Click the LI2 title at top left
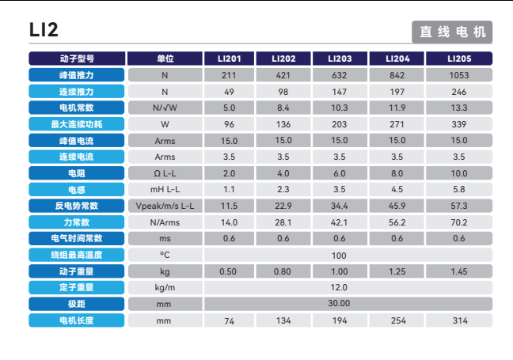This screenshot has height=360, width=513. pos(44,30)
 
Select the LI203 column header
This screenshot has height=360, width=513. pos(340,59)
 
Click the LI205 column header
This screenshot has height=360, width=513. pos(459,59)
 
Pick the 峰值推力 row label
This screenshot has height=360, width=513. pos(76,75)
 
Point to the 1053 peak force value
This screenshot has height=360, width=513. pos(459,75)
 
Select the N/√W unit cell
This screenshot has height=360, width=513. pos(165,108)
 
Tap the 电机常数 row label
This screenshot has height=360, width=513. pos(76,108)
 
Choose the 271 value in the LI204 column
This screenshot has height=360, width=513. pos(397,124)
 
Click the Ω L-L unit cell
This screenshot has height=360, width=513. pos(165,173)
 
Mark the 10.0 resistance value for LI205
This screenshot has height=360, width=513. pos(459,173)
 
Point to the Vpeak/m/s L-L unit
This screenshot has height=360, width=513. pos(165,206)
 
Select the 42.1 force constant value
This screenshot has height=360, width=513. pos(340,222)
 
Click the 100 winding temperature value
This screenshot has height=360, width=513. pos(340,256)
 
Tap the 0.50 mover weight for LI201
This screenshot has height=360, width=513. pos(228,271)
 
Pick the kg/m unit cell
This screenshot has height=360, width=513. pos(165,287)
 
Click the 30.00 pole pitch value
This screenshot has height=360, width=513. pos(340,303)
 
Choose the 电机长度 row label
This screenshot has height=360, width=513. pos(76,320)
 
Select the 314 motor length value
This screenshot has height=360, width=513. pos(459,320)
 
